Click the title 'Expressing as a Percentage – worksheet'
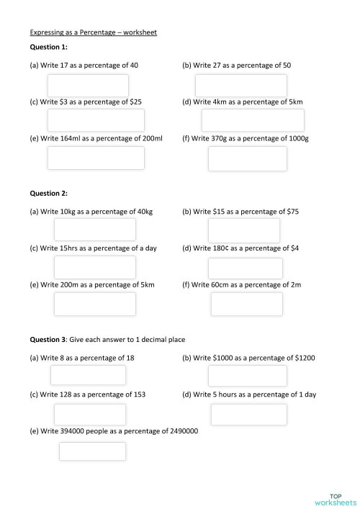93,32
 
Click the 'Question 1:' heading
48,47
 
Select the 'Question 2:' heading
48,193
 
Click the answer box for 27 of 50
251,85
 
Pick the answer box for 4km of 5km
253,120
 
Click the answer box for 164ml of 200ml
96,158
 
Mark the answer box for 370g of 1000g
247,158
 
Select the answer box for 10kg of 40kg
95,230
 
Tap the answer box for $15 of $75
243,230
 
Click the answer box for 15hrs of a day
95,267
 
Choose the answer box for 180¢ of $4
246,268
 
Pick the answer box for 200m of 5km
95,304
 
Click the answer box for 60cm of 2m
247,304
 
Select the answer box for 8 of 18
88,375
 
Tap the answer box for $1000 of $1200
247,376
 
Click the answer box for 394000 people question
92,451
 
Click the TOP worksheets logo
335,499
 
